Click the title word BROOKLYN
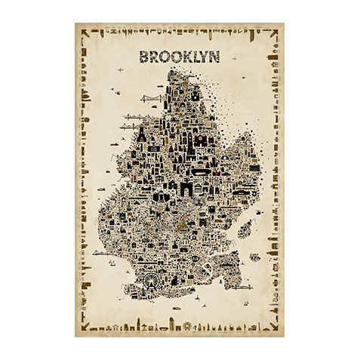(179, 56)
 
